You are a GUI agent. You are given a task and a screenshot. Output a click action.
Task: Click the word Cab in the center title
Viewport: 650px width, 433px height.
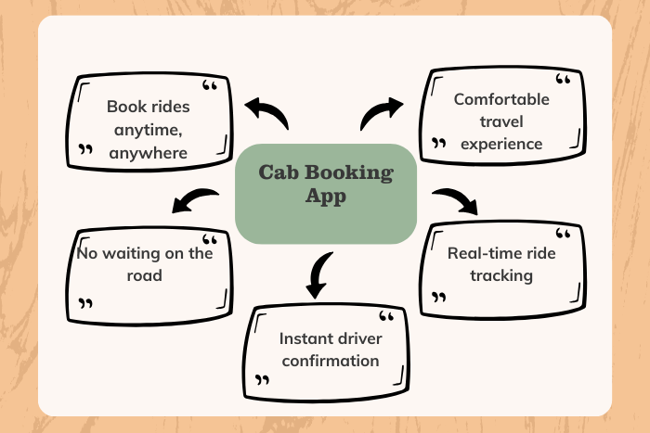pos(279,172)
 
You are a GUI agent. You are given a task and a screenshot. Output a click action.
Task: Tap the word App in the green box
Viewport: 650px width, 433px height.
pos(326,197)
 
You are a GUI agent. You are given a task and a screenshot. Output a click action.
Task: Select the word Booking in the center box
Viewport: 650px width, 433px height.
pos(349,173)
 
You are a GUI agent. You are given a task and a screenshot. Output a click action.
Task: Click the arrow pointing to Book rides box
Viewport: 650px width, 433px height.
pos(266,113)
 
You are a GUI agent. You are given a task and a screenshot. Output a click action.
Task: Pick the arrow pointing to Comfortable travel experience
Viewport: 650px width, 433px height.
pos(382,113)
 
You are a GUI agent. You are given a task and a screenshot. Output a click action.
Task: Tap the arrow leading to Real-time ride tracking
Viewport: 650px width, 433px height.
pos(455,201)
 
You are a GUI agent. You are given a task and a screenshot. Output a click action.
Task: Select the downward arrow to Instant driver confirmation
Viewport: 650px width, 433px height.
pos(318,274)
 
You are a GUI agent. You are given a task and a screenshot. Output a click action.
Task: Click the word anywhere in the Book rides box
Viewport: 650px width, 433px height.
pos(148,153)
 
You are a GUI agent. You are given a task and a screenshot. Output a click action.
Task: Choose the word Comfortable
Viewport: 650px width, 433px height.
pos(501,99)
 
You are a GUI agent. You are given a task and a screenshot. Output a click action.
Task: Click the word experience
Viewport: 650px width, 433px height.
pos(501,145)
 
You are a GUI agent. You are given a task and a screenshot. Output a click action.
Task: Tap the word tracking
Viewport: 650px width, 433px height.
pos(501,275)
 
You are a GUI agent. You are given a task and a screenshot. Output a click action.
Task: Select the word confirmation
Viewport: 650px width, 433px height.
pos(331,361)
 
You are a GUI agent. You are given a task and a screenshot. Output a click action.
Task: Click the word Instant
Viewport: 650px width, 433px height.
pos(301,338)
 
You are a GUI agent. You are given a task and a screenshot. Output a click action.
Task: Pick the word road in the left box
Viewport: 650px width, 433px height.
pos(144,275)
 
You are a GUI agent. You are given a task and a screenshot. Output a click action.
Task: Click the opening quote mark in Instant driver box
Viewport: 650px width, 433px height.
pos(386,317)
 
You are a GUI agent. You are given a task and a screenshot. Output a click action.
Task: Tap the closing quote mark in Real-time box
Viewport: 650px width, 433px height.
pos(438,298)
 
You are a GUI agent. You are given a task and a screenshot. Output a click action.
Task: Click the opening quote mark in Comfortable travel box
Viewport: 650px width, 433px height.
pos(563,79)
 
